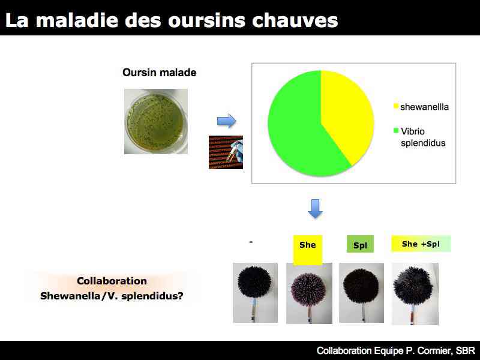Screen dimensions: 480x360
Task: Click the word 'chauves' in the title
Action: [x=295, y=20]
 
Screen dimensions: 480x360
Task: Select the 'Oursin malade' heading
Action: [x=159, y=73]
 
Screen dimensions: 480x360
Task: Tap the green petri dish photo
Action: [x=156, y=121]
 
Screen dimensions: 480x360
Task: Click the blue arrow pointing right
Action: [x=227, y=121]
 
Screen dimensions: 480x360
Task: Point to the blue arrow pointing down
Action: [x=315, y=209]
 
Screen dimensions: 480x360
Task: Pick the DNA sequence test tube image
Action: [x=226, y=152]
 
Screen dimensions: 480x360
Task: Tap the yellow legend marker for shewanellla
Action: [x=396, y=106]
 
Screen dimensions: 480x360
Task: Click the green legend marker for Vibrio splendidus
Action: [x=396, y=131]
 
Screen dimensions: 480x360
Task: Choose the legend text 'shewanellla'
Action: [x=424, y=107]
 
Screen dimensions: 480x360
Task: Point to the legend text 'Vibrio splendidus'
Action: [x=423, y=137]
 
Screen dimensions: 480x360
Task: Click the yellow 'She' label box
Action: [x=308, y=249]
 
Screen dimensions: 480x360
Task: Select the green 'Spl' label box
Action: [x=361, y=244]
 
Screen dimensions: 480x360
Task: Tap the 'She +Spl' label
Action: [x=421, y=244]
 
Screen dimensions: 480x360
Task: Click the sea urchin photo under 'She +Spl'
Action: [x=415, y=293]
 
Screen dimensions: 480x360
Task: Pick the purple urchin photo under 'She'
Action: [x=309, y=293]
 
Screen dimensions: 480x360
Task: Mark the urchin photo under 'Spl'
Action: [x=362, y=293]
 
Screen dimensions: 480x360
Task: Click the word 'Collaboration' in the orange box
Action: [x=112, y=281]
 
